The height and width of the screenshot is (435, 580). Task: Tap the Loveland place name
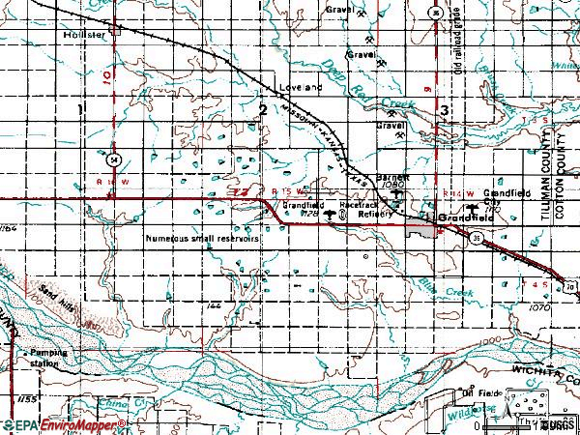tap(299, 87)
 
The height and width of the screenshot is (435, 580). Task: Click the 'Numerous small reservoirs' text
tap(202, 237)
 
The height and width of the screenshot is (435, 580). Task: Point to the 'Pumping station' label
tap(48, 358)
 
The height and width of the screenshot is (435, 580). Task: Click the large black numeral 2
tap(263, 111)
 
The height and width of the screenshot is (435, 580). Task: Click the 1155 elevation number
tap(12, 398)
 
